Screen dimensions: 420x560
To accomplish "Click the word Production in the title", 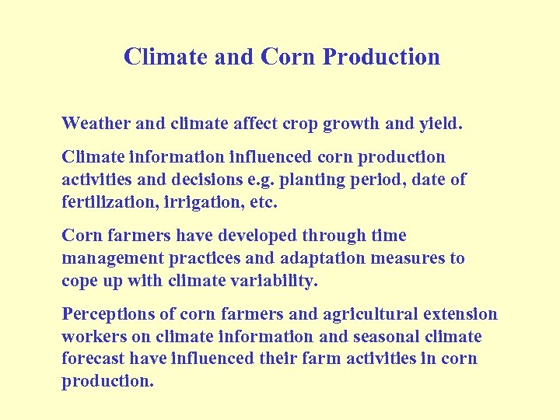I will pos(381,58).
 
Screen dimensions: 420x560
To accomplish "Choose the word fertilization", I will pos(105,201).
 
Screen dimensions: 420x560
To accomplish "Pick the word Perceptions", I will pos(108,315).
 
